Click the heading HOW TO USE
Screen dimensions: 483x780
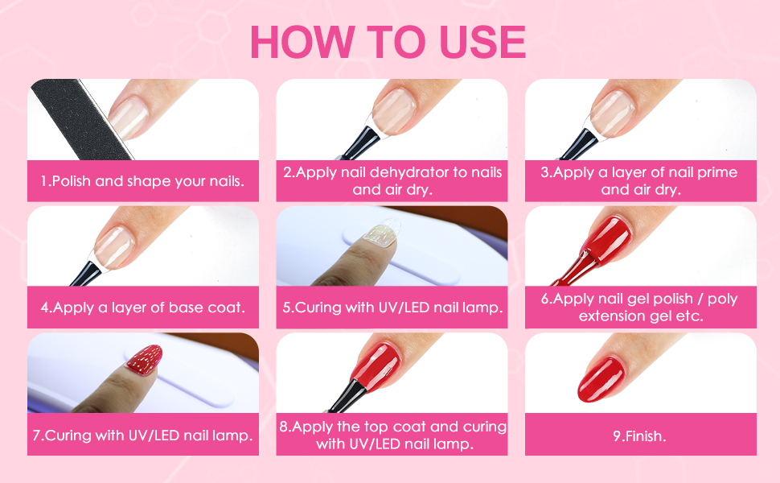pyautogui.click(x=388, y=42)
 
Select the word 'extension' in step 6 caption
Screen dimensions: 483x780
pyautogui.click(x=606, y=316)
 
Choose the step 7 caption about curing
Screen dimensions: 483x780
pyautogui.click(x=142, y=435)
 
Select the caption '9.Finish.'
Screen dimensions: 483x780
pyautogui.click(x=640, y=436)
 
